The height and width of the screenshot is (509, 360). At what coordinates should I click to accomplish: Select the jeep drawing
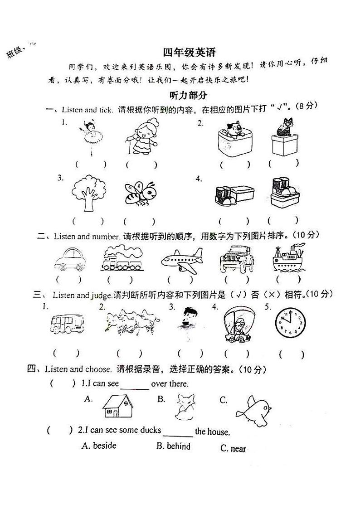[235, 259]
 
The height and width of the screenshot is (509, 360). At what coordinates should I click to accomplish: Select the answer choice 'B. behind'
[173, 446]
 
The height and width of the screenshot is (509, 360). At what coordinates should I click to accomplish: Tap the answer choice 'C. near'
[233, 449]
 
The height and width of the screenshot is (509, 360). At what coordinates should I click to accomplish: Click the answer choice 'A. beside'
[99, 446]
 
